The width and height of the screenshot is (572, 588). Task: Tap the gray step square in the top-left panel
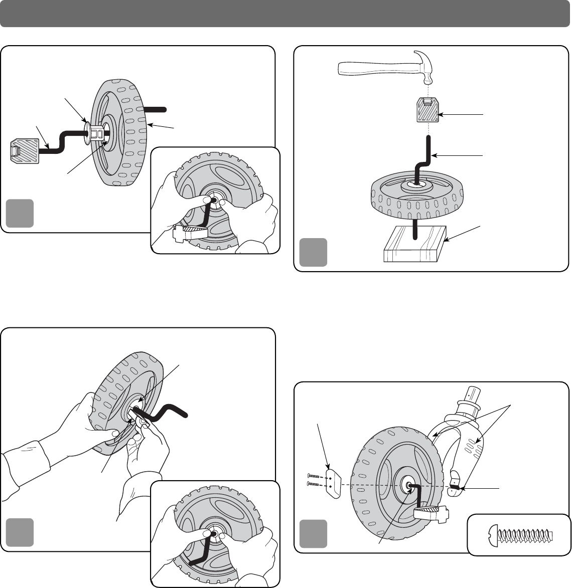pyautogui.click(x=20, y=213)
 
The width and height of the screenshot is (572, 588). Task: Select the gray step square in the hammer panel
pyautogui.click(x=313, y=252)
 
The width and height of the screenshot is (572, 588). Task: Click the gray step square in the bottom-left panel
pyautogui.click(x=20, y=532)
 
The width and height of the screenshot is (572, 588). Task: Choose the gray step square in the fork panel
pyautogui.click(x=313, y=534)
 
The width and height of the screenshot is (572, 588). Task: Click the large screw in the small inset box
pyautogui.click(x=519, y=534)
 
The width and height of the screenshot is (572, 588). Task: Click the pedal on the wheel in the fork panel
pyautogui.click(x=431, y=513)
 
